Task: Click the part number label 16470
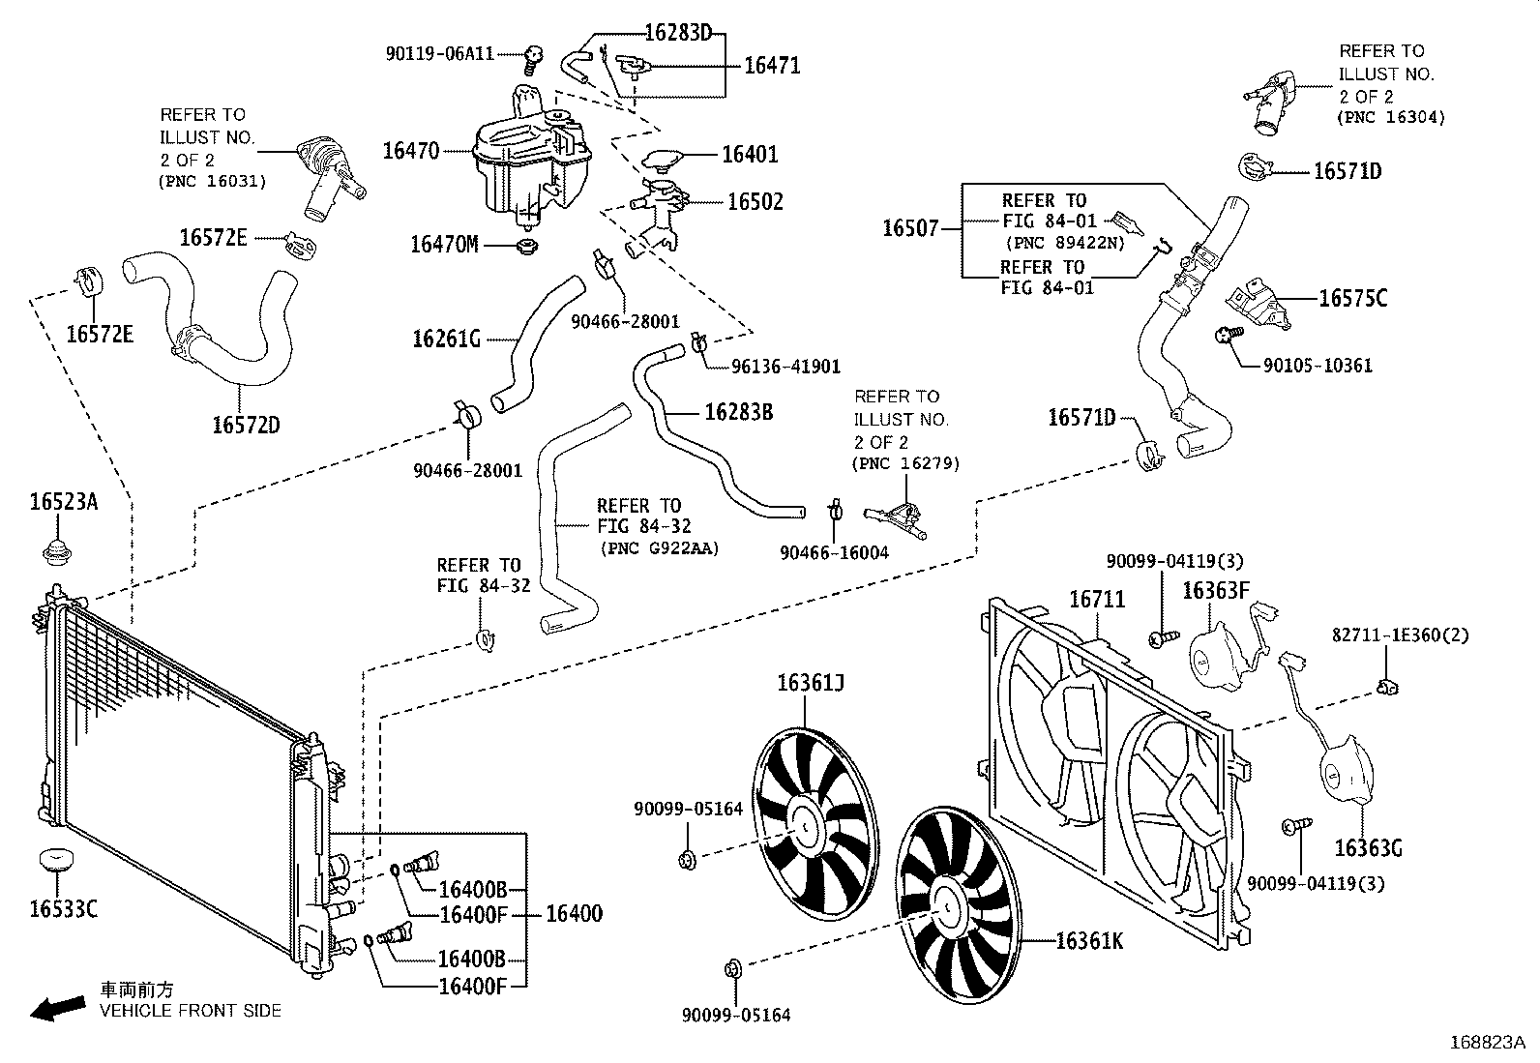[x=411, y=151]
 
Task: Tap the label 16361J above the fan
[x=811, y=684]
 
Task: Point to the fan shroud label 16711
[x=1097, y=600]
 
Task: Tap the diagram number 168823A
[x=1487, y=1043]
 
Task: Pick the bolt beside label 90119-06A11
[x=532, y=60]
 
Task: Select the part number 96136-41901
[x=775, y=367]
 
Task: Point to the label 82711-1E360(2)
[x=1400, y=635]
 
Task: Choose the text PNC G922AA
[x=660, y=548]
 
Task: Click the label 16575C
[x=1352, y=299]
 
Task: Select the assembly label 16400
[x=574, y=913]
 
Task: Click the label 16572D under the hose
[x=246, y=424]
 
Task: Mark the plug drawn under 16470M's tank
[x=527, y=247]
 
